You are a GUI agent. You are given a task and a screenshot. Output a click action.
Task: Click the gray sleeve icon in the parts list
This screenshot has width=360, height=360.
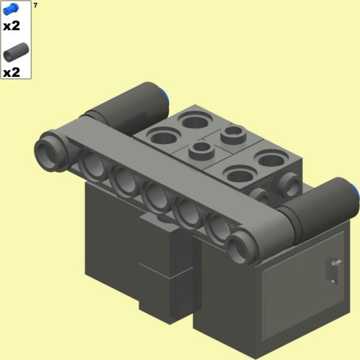pyautogui.click(x=16, y=52)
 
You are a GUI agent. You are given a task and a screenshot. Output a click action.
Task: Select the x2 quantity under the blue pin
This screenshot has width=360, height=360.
pyautogui.click(x=11, y=26)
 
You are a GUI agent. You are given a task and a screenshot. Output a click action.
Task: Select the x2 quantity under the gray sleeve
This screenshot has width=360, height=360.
pyautogui.click(x=11, y=73)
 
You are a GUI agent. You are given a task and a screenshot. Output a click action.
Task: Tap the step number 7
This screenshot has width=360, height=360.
pyautogui.click(x=35, y=5)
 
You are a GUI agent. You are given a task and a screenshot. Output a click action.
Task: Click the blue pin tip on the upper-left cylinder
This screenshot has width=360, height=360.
pyautogui.click(x=166, y=98)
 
